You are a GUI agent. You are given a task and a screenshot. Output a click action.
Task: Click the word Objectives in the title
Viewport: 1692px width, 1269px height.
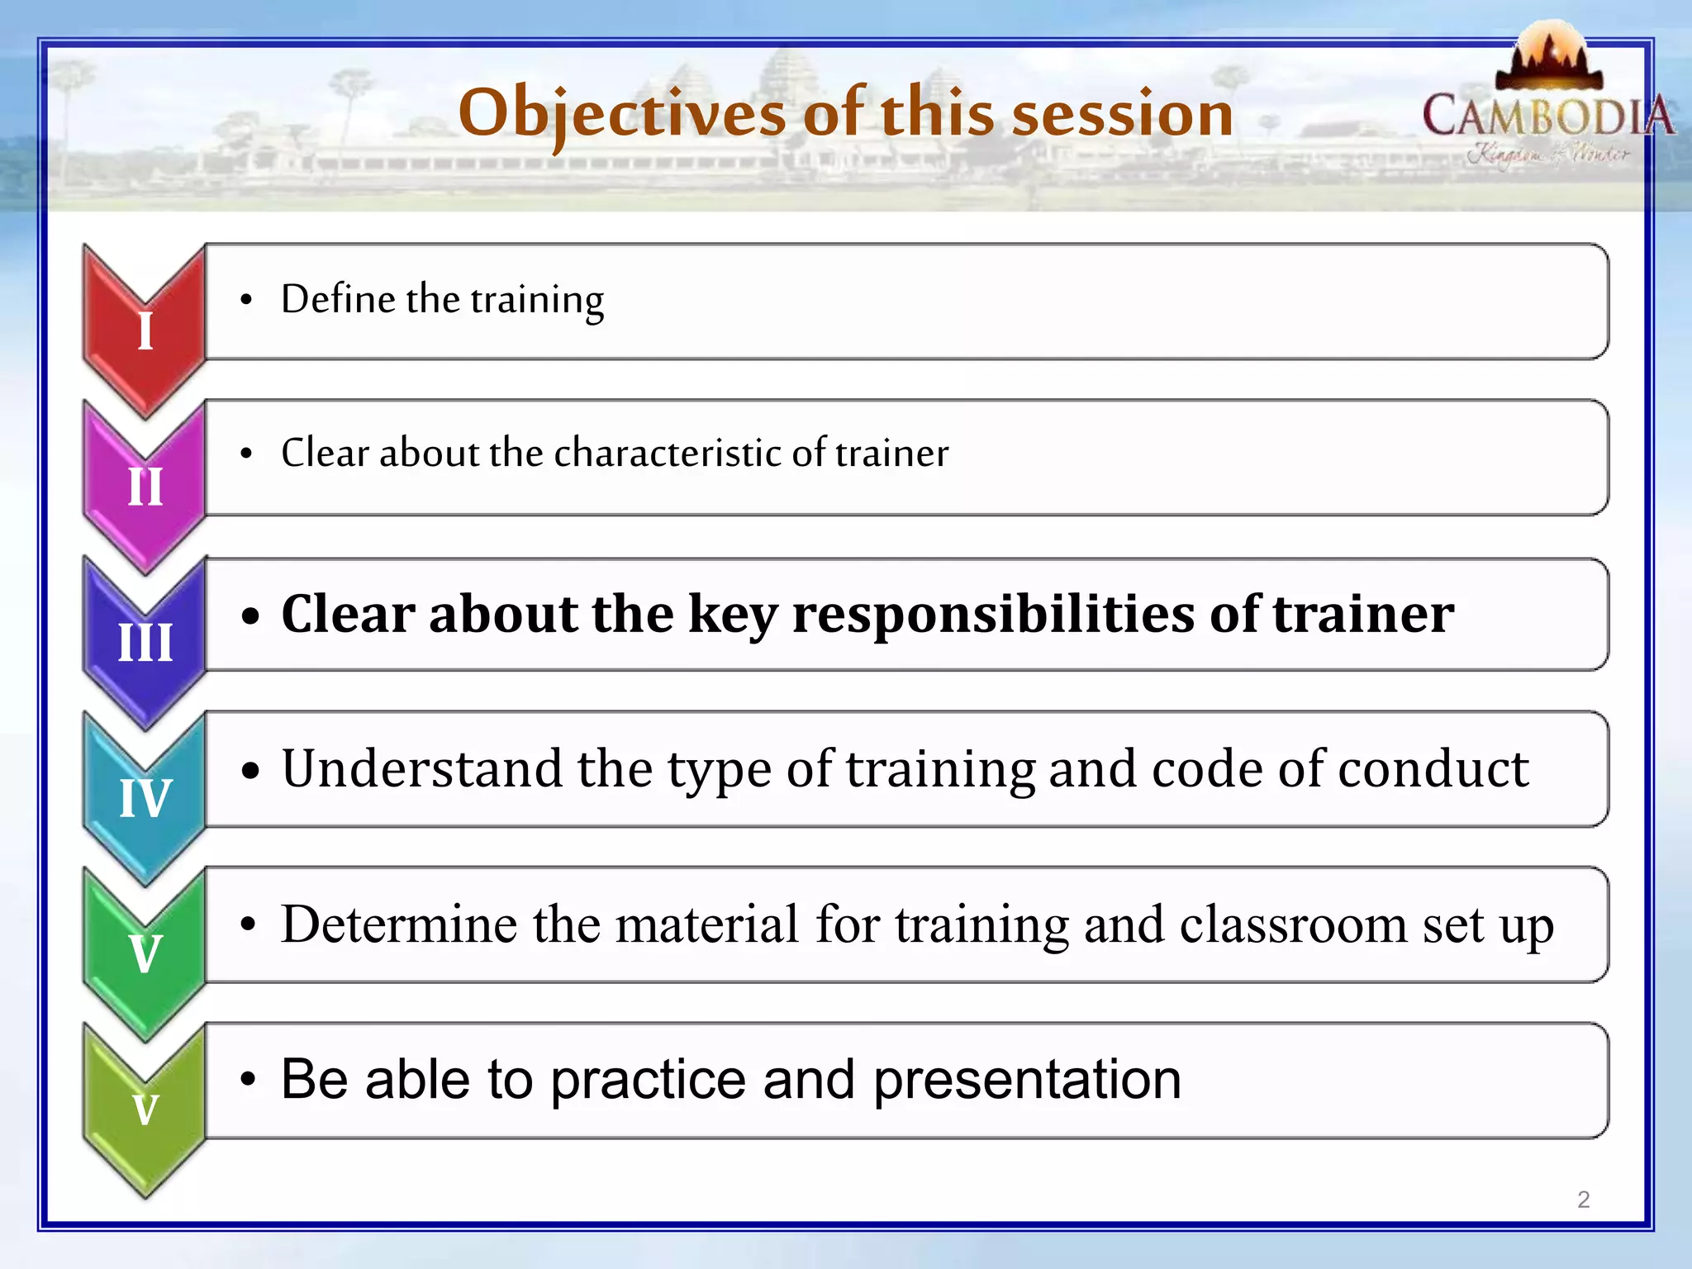[621, 114]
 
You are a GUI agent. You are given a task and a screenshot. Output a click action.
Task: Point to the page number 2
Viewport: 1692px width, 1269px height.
[1583, 1200]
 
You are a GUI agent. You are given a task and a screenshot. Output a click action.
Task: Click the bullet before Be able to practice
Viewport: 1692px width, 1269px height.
[248, 1080]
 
